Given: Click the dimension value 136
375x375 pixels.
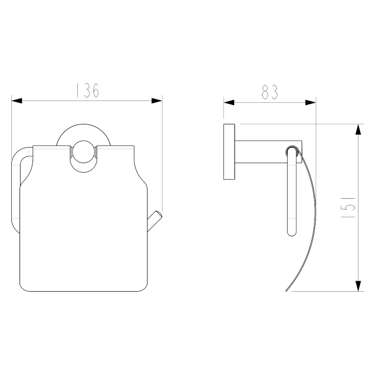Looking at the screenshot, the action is tap(87, 90).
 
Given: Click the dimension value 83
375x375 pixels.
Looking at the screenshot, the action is tap(270, 92).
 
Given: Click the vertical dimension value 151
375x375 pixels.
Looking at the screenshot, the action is tap(348, 207).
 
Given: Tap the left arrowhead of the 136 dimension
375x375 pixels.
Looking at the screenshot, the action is tap(17, 101).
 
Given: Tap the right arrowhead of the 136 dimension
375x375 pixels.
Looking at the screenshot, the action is tap(157, 101).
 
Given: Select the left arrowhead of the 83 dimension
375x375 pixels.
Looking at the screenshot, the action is tap(229, 103).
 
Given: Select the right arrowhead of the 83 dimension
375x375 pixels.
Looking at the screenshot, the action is tap(311, 103).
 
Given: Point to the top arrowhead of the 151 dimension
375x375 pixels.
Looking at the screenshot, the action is tap(358, 130).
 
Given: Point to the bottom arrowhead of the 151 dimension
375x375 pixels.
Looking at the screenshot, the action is tap(358, 286).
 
